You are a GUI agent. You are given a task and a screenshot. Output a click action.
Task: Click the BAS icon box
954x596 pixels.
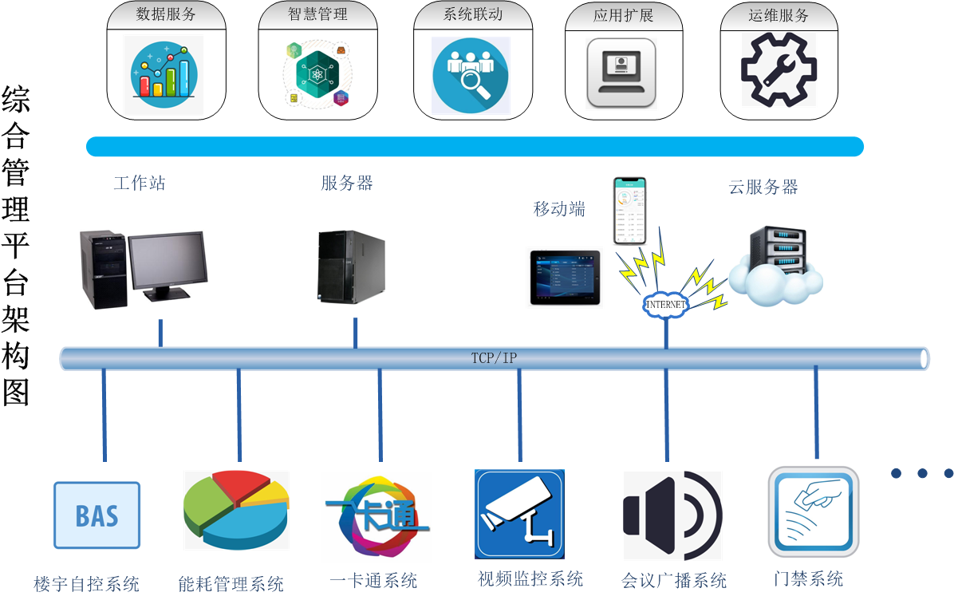point(97,515)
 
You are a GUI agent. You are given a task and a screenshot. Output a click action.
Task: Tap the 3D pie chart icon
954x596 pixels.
point(236,510)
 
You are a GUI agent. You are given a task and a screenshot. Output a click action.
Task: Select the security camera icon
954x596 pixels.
point(519,514)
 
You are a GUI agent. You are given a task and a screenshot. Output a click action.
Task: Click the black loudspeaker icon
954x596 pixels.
point(672,515)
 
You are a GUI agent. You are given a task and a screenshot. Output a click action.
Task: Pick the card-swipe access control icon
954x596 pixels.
point(814,512)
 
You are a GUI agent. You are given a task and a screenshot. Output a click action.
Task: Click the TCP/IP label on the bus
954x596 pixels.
point(494,358)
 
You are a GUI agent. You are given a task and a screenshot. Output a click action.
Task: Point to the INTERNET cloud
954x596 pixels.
point(665,305)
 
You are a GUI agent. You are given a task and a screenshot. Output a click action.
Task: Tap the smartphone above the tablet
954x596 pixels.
point(629,211)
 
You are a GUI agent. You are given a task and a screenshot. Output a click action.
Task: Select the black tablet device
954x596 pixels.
point(566,277)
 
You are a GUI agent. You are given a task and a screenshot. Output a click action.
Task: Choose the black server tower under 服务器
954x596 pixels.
point(352,266)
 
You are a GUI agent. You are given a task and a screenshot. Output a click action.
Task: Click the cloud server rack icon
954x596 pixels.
point(776,266)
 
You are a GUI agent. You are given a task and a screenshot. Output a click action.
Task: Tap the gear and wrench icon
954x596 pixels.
point(779,70)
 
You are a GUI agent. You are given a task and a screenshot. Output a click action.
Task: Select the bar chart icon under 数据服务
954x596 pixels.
point(164,74)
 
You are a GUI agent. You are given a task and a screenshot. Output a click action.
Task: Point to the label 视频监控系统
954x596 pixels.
point(530,578)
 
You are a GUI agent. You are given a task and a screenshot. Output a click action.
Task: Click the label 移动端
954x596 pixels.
point(559,209)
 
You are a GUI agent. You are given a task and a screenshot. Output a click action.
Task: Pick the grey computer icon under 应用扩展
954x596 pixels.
point(621,73)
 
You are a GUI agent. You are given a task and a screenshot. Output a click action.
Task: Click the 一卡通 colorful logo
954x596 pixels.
point(378,517)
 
